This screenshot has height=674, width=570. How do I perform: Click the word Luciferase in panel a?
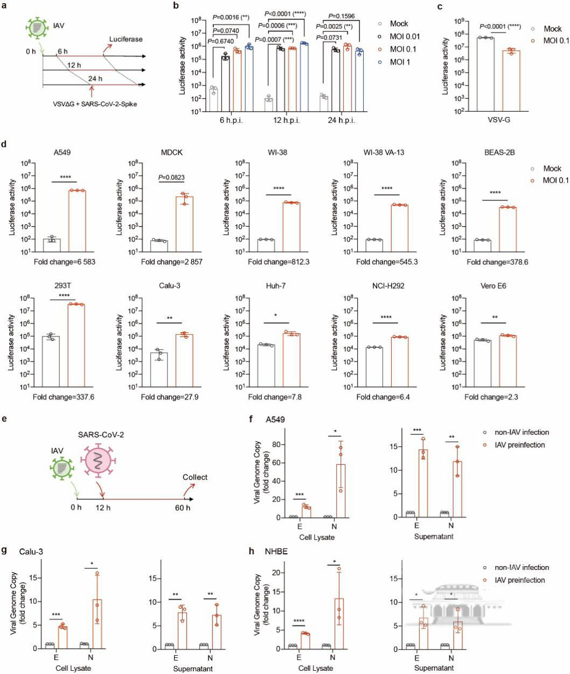[x=126, y=39]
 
